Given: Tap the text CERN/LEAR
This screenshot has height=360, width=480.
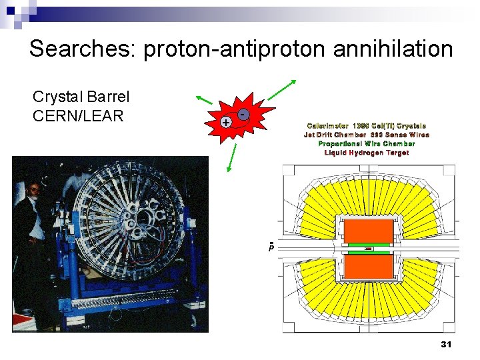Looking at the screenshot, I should click(x=78, y=115).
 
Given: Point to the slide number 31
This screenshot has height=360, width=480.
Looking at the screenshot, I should click(x=446, y=345).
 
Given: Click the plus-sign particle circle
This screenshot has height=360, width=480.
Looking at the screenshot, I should click(x=227, y=123).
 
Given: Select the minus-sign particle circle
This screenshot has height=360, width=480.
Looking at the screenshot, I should click(x=244, y=115).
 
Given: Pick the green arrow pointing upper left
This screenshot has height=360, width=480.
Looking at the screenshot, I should click(x=203, y=99).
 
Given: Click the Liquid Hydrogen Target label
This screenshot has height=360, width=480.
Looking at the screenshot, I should click(x=367, y=153).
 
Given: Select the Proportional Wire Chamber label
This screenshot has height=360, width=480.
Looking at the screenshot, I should click(x=367, y=143).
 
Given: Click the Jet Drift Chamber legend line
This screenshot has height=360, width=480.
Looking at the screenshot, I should click(x=367, y=135).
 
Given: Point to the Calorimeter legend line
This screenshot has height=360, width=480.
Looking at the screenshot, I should click(x=367, y=125).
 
